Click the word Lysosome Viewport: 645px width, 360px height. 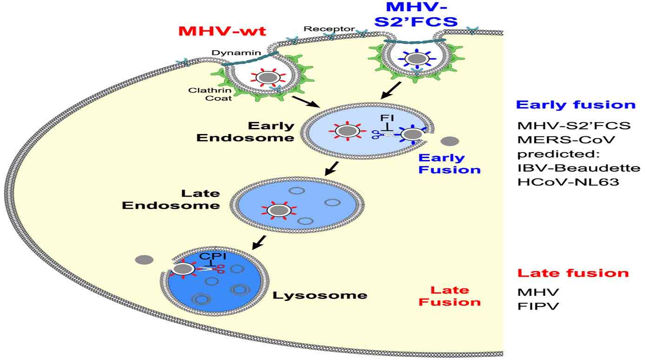pos(320,295)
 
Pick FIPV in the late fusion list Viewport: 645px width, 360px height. pos(531,307)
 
